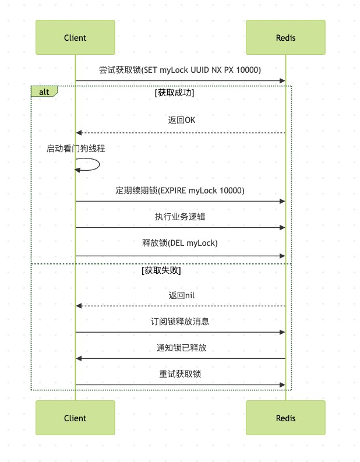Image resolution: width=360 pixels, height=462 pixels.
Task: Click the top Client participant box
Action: tap(75, 37)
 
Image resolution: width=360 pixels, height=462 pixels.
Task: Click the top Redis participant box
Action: tap(285, 37)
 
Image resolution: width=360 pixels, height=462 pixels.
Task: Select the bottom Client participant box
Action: tap(75, 418)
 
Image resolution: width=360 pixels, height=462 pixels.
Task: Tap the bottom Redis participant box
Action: tap(285, 418)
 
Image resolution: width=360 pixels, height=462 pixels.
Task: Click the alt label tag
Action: tap(44, 91)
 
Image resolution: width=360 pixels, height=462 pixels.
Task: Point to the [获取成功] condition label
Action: tap(174, 93)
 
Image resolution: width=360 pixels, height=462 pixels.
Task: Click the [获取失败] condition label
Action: tap(161, 270)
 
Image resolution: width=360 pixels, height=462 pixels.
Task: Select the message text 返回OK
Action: tap(182, 120)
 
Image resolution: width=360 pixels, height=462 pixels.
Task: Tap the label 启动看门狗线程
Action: tap(76, 148)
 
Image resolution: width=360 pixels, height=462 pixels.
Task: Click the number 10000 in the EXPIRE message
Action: tap(230, 191)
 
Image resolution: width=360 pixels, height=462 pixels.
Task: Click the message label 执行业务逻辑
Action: tap(180, 217)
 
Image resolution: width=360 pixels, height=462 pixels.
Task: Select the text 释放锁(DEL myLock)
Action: tap(180, 243)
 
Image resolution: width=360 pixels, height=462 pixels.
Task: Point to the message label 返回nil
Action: tap(182, 295)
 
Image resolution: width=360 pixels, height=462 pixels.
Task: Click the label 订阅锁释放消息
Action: tap(180, 321)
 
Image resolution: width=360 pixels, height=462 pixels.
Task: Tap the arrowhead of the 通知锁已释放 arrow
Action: tap(79, 358)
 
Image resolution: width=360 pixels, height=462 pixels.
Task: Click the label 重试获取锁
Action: tap(180, 374)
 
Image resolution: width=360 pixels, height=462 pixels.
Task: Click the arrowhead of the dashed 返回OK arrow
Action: tap(79, 133)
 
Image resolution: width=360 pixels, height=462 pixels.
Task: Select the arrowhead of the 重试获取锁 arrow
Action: tap(282, 385)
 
